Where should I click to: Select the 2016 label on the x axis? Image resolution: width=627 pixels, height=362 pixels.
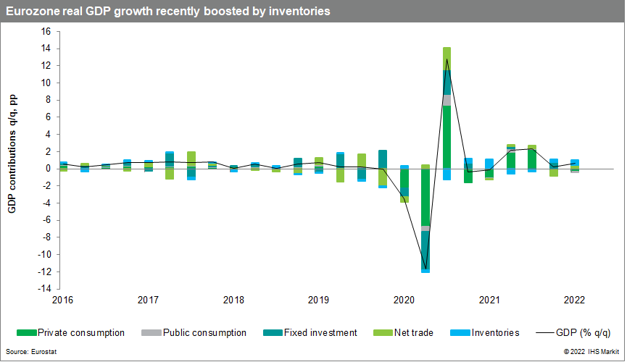(62, 300)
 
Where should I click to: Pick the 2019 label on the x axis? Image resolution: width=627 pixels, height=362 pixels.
(318, 300)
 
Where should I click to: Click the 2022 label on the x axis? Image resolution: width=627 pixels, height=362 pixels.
(574, 300)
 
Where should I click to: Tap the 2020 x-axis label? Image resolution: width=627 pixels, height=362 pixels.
(404, 300)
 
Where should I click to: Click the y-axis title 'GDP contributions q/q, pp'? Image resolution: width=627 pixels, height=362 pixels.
(12, 159)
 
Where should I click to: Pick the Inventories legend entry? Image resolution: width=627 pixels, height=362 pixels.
(489, 333)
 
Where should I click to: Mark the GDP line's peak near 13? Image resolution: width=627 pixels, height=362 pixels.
(447, 59)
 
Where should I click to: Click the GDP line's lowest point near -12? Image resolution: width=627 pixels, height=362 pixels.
(425, 269)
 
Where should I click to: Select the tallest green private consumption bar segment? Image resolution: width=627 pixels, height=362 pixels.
(447, 137)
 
